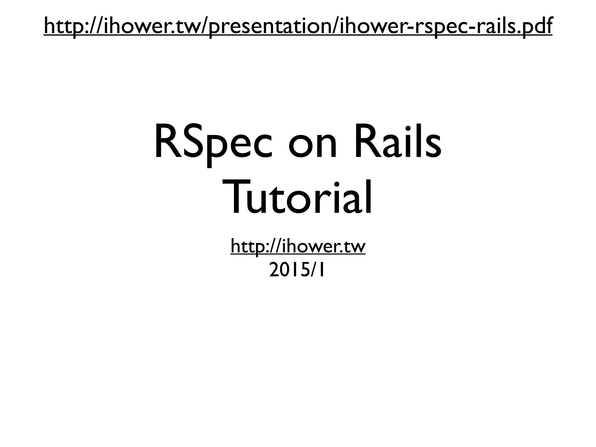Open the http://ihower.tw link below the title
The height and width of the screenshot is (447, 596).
click(298, 246)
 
